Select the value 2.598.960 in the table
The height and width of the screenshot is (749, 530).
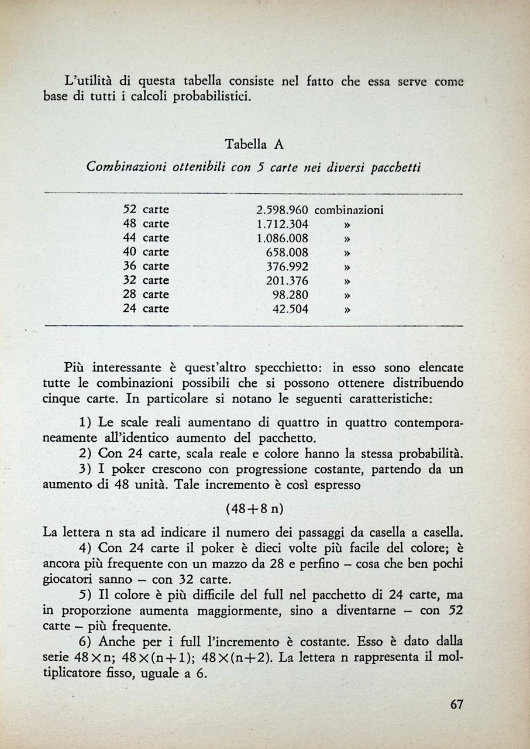tap(283, 210)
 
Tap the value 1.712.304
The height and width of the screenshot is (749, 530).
tap(283, 224)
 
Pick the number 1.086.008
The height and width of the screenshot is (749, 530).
tap(283, 238)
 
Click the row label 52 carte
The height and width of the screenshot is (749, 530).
tap(146, 209)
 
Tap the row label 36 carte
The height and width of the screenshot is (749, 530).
tap(146, 266)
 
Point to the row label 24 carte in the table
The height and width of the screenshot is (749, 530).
tap(146, 308)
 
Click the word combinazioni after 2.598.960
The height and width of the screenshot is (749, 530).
tap(349, 210)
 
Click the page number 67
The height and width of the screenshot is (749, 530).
tap(457, 705)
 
